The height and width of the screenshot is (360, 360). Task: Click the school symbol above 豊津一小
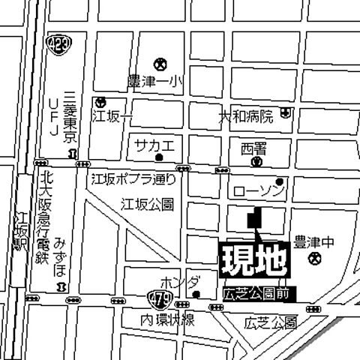point(159,64)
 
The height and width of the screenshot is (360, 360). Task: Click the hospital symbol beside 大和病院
point(287,112)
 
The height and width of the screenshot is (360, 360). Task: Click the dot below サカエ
point(159,157)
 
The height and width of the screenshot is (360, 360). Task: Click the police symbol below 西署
point(256,160)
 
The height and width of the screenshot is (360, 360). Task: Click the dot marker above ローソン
point(279,181)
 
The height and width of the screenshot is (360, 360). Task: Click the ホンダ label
point(180,282)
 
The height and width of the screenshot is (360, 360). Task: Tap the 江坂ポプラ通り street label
point(133,179)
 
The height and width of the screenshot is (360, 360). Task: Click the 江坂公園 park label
point(147,203)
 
